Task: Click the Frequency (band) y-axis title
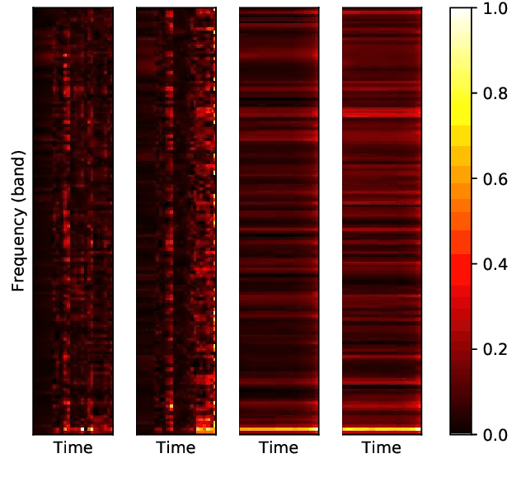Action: (18, 220)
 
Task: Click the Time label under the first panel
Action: (73, 448)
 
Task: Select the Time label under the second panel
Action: (176, 448)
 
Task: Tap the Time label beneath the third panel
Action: (279, 448)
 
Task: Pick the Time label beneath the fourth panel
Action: (381, 448)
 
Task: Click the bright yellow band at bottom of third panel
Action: (279, 429)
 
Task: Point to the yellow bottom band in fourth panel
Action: (381, 429)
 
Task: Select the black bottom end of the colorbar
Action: (462, 428)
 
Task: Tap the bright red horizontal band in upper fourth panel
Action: (381, 111)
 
